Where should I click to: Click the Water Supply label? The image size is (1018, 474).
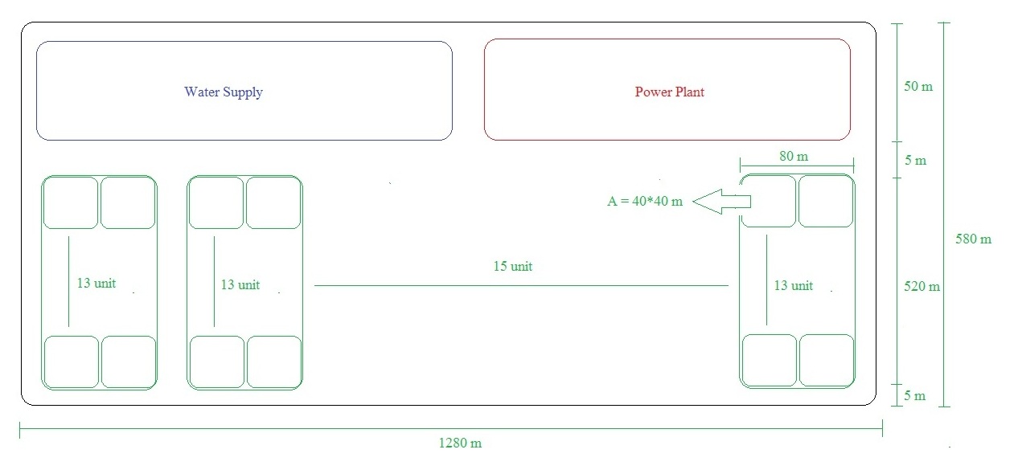pyautogui.click(x=224, y=92)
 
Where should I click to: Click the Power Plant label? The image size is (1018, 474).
pyautogui.click(x=669, y=92)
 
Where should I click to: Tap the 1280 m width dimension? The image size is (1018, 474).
pyautogui.click(x=460, y=443)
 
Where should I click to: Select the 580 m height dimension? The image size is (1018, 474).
pyautogui.click(x=974, y=239)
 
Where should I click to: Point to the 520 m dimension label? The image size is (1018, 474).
pyautogui.click(x=922, y=286)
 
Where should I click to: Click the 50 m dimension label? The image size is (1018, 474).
pyautogui.click(x=918, y=86)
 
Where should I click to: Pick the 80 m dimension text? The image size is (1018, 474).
pyautogui.click(x=794, y=156)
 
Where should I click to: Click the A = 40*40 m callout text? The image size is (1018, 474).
pyautogui.click(x=644, y=202)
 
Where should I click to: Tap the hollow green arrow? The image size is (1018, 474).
pyautogui.click(x=720, y=202)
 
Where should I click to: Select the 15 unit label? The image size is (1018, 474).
pyautogui.click(x=513, y=266)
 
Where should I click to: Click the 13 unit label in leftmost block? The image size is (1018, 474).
pyautogui.click(x=96, y=284)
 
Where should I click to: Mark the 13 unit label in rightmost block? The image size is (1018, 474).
pyautogui.click(x=793, y=285)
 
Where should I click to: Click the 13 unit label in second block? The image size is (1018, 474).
pyautogui.click(x=240, y=284)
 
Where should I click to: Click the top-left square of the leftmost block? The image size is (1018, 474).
pyautogui.click(x=71, y=202)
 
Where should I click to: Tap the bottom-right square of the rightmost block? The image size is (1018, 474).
pyautogui.click(x=826, y=360)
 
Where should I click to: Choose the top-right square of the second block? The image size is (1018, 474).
pyautogui.click(x=273, y=202)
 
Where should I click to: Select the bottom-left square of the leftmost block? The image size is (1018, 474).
pyautogui.click(x=71, y=362)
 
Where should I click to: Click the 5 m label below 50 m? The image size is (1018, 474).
pyautogui.click(x=915, y=161)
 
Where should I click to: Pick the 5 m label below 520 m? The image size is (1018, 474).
pyautogui.click(x=915, y=395)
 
